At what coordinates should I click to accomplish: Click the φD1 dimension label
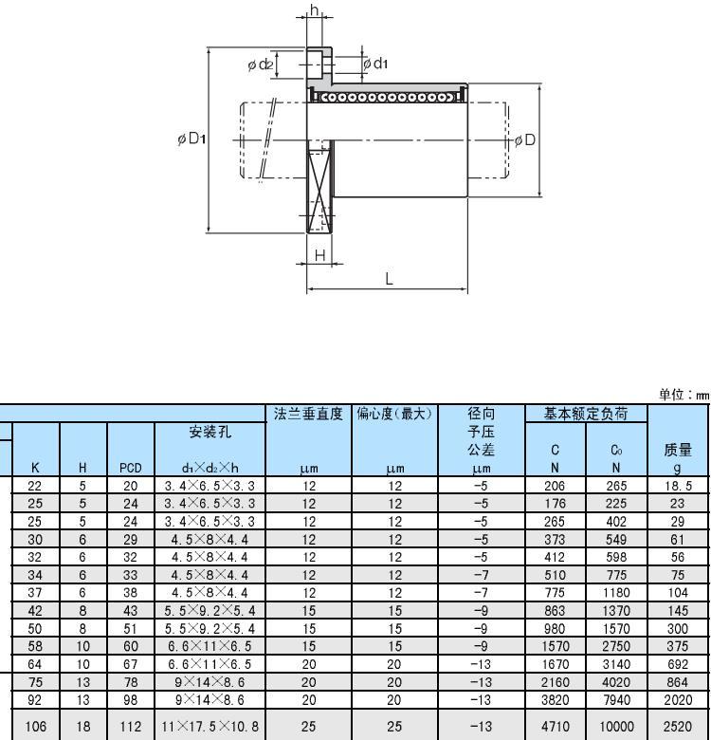pos(191,139)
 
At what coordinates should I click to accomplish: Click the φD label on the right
pos(525,140)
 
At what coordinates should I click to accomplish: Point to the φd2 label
pos(261,65)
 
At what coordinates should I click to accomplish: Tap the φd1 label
pos(375,64)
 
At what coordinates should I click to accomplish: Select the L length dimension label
pos(389,279)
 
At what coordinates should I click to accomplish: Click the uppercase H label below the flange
pos(320,255)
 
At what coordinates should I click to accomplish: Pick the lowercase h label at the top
pos(315,9)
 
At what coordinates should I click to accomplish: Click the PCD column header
pos(131,468)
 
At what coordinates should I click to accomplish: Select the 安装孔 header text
pos(210,432)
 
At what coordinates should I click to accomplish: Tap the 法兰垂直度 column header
pos(308,414)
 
